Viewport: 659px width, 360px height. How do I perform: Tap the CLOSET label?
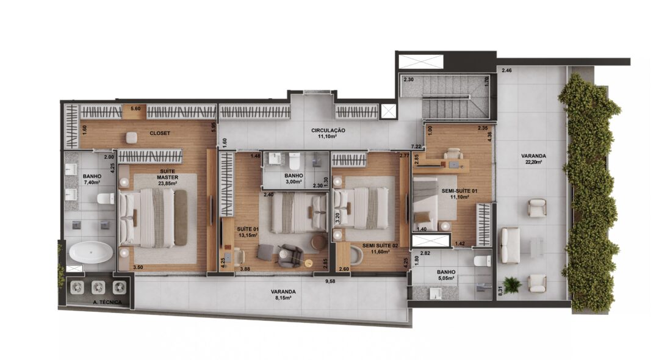click(160, 133)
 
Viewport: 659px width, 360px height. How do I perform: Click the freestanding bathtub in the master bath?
click(91, 252)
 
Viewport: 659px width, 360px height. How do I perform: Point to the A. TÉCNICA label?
click(107, 302)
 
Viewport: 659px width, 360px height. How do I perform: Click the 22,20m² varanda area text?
click(533, 162)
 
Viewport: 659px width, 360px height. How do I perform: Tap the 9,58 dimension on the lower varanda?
click(330, 281)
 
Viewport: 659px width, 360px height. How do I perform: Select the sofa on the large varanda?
click(510, 245)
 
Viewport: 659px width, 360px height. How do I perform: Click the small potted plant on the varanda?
click(512, 284)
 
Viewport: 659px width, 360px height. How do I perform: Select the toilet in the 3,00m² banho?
click(294, 160)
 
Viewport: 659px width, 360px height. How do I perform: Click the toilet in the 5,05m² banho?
click(482, 261)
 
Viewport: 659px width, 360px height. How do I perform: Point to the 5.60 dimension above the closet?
click(135, 109)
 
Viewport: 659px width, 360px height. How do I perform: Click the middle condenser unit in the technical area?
click(98, 287)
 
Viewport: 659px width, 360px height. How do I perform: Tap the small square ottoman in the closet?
click(132, 137)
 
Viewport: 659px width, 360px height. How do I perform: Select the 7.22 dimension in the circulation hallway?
click(416, 146)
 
